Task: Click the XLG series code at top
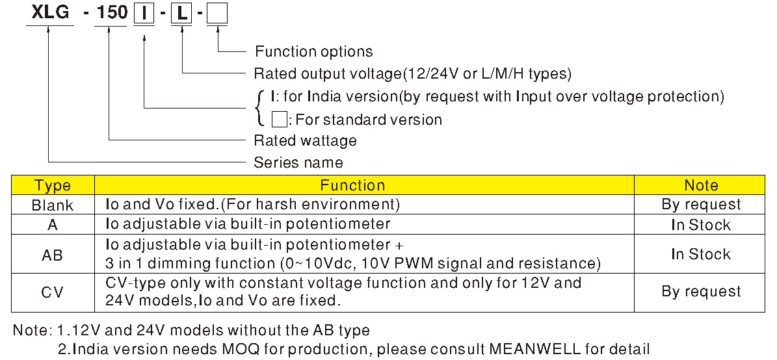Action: pos(49,14)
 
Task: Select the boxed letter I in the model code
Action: pos(144,14)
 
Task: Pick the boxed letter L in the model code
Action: pos(181,14)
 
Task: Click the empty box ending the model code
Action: pos(217,14)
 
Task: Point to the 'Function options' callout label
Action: pos(313,51)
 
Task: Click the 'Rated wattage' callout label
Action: pos(305,140)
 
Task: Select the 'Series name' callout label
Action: pos(298,162)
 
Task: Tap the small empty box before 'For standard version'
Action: pos(279,119)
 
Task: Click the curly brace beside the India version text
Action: pos(261,108)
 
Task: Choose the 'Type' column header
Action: pos(53,185)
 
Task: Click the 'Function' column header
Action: pos(352,185)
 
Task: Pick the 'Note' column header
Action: pos(701,185)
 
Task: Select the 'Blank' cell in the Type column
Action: pos(53,205)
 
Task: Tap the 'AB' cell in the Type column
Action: pos(53,255)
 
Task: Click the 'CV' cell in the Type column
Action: pos(53,292)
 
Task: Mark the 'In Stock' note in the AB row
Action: pos(701,254)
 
